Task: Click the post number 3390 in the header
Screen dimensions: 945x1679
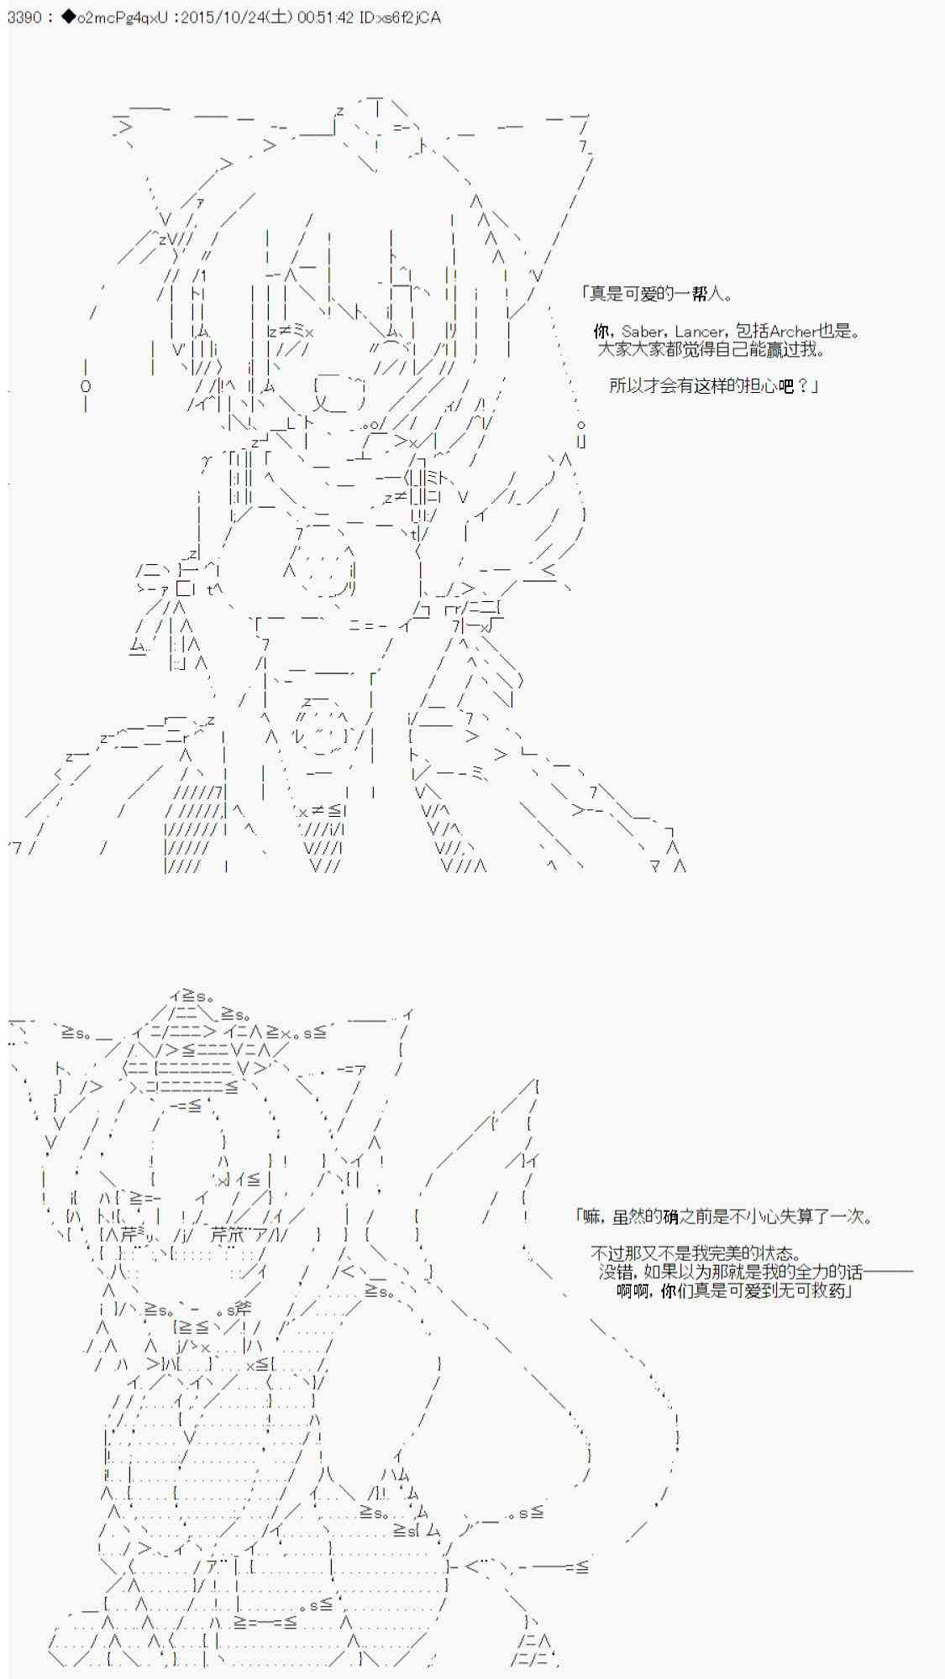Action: (x=24, y=18)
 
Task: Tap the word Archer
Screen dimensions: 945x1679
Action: (x=792, y=332)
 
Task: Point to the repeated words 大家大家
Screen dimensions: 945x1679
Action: (x=631, y=349)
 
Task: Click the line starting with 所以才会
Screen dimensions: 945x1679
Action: (x=713, y=386)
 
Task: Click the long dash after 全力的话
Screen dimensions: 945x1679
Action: (x=888, y=1272)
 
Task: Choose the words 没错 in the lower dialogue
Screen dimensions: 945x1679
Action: (x=615, y=1272)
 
